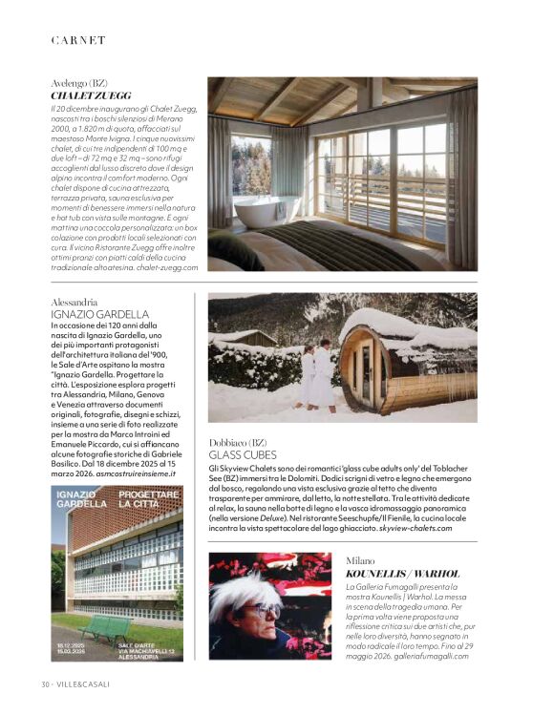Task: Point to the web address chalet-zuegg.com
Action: pos(163,268)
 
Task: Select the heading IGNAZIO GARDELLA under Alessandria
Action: pos(100,314)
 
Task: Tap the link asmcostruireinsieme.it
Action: pos(139,474)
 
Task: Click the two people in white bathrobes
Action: pos(317,377)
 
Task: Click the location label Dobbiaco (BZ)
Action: pos(237,443)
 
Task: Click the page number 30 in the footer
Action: pos(45,683)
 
